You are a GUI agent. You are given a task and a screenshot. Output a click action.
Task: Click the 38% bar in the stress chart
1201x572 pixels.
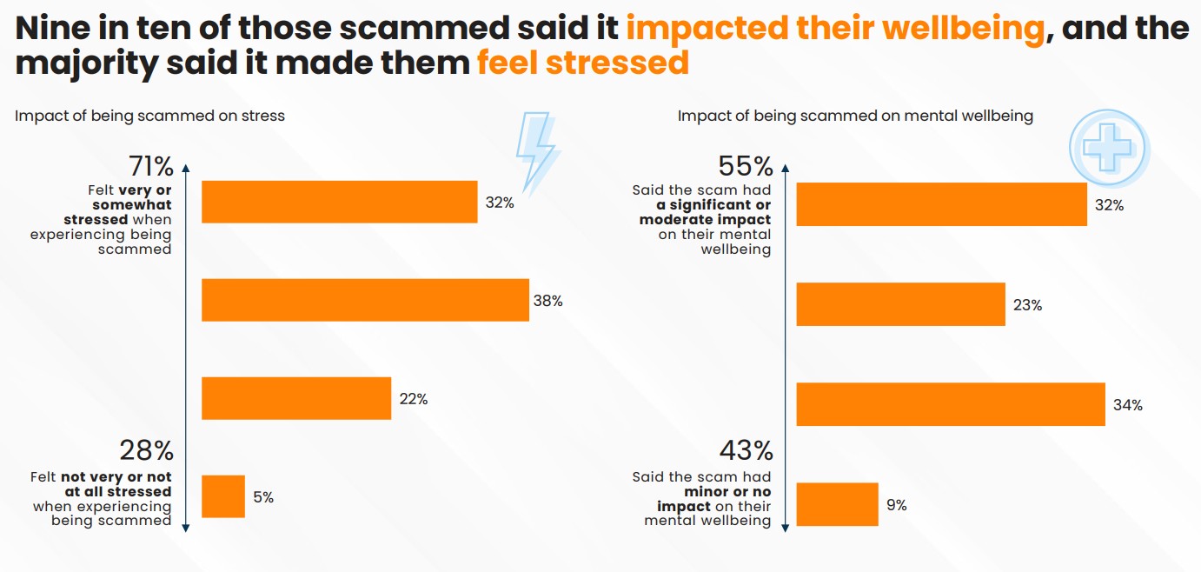pyautogui.click(x=365, y=300)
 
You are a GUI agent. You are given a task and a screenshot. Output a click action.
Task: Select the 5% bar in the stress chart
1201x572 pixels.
pyautogui.click(x=223, y=496)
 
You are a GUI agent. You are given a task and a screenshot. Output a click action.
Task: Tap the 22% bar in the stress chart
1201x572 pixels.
pyautogui.click(x=296, y=398)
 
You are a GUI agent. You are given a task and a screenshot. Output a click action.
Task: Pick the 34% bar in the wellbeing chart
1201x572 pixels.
pyautogui.click(x=951, y=404)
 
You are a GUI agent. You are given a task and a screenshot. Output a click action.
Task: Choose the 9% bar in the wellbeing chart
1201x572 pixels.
pyautogui.click(x=837, y=504)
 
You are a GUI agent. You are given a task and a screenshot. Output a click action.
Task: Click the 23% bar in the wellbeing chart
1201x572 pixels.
pyautogui.click(x=900, y=304)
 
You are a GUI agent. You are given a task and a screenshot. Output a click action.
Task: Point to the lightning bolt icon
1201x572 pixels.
pyautogui.click(x=536, y=151)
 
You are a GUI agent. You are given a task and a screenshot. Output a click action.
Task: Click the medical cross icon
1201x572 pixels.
pyautogui.click(x=1108, y=146)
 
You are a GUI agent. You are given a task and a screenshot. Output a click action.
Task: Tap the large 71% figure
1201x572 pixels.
pyautogui.click(x=151, y=166)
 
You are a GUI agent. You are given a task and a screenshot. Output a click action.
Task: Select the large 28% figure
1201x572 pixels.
pyautogui.click(x=146, y=451)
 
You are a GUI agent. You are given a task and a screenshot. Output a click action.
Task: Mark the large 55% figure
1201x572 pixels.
pyautogui.click(x=745, y=166)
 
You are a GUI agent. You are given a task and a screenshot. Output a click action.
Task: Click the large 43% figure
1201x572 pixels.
pyautogui.click(x=746, y=451)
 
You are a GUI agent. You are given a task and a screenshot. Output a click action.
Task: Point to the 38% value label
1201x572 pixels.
pyautogui.click(x=547, y=301)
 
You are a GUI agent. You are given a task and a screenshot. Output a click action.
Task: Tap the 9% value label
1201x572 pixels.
pyautogui.click(x=896, y=505)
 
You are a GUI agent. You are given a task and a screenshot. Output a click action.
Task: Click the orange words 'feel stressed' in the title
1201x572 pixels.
pyautogui.click(x=582, y=63)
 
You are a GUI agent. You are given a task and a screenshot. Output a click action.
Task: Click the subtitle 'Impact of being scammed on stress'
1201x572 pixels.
pyautogui.click(x=149, y=116)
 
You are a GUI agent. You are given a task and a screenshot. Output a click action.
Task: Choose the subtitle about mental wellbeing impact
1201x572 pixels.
pyautogui.click(x=855, y=116)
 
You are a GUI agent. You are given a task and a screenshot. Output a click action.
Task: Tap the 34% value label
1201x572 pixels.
pyautogui.click(x=1127, y=405)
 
